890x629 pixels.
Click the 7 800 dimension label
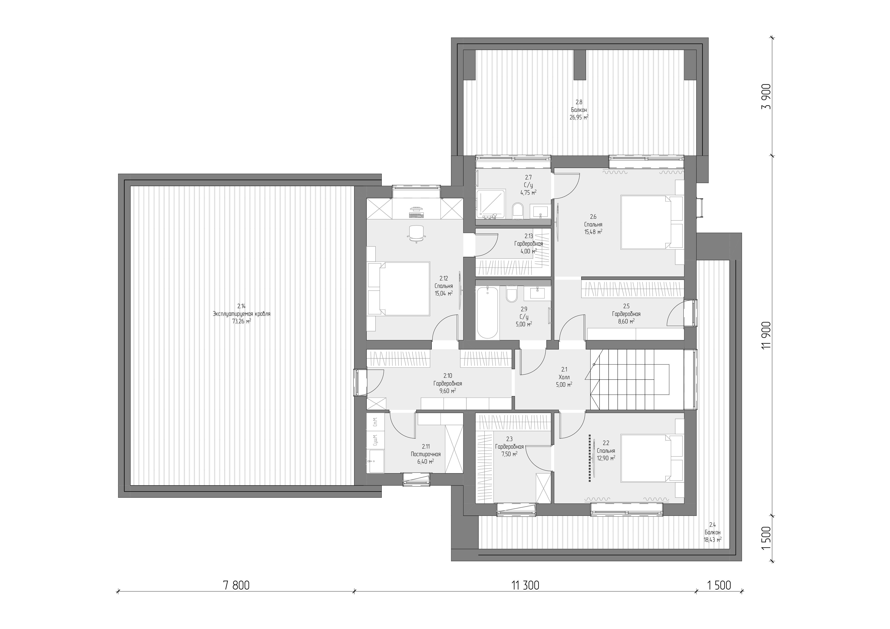click(236, 585)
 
